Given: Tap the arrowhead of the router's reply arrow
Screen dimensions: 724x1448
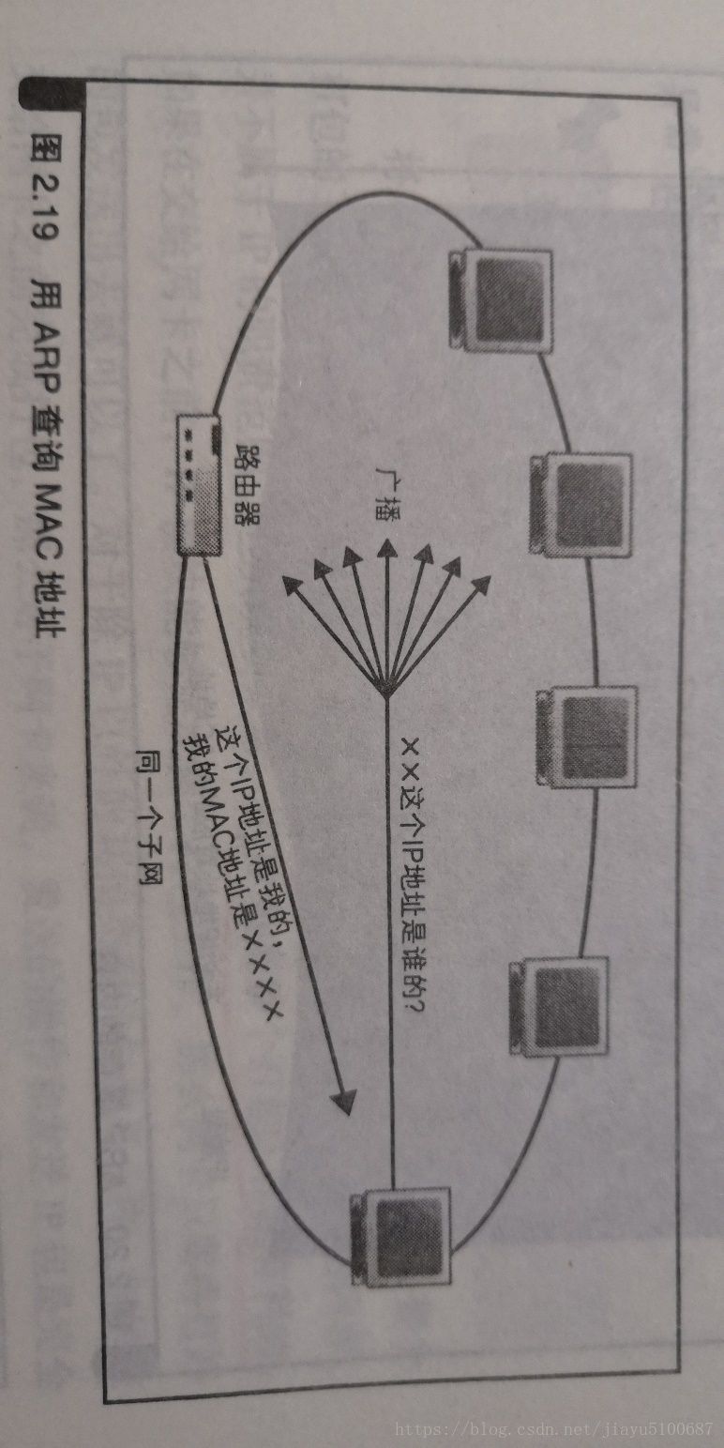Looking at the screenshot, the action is pos(345,1100).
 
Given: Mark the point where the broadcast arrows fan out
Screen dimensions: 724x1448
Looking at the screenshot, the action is pos(385,693).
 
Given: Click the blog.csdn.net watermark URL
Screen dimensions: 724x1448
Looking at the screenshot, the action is pos(553,1428).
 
